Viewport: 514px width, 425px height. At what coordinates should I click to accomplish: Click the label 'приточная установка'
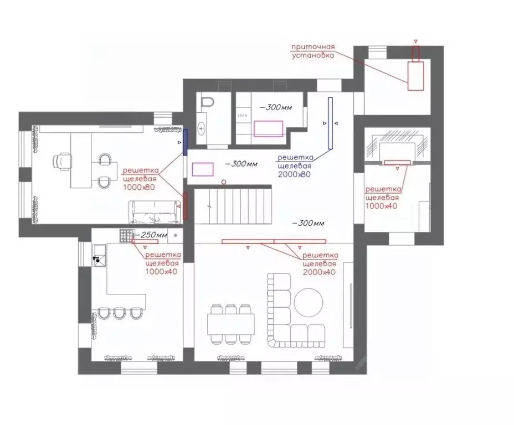point(313,51)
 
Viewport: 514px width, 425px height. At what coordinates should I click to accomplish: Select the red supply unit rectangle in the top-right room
point(416,76)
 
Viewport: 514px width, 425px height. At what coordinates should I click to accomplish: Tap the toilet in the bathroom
point(207,103)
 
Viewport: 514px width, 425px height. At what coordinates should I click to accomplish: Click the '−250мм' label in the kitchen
point(151,235)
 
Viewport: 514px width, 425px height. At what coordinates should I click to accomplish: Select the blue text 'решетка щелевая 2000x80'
point(295,165)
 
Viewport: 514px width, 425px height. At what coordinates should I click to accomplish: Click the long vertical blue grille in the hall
point(330,123)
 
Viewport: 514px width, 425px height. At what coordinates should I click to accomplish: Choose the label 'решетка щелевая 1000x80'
point(140,179)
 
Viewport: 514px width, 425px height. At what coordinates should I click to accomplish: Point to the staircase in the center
point(233,204)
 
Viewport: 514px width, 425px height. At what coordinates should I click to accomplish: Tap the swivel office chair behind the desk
point(62,161)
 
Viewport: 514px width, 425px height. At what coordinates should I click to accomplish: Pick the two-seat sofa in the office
point(155,211)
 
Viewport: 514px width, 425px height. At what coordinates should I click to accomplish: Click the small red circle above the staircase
point(224,182)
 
